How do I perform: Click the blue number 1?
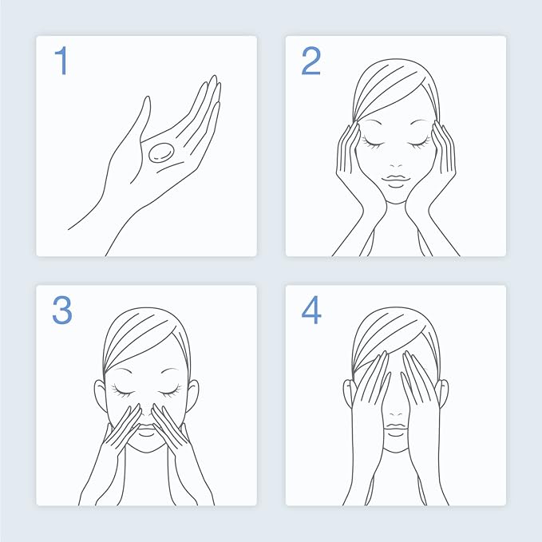click(x=61, y=61)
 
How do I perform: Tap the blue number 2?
click(x=311, y=61)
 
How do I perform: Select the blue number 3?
click(x=62, y=310)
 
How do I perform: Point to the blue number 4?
click(x=311, y=310)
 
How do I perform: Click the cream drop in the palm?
click(x=160, y=152)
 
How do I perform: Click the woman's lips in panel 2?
click(x=396, y=180)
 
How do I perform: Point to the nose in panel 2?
click(x=396, y=164)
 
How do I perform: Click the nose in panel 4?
click(x=396, y=412)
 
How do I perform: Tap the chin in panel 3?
click(x=147, y=446)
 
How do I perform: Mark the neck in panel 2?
click(x=396, y=228)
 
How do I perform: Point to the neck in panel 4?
click(x=396, y=477)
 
